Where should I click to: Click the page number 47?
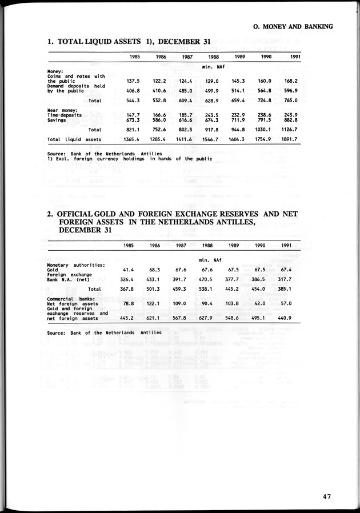pos(326,496)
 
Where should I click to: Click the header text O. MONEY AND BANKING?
pos(293,26)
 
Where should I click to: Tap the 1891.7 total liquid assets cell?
pos(289,139)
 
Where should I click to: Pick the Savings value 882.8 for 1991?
pos(289,120)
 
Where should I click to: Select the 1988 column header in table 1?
pos(214,57)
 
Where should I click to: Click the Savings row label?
pos(57,120)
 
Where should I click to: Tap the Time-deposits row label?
pos(65,115)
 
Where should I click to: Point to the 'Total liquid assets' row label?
pos(75,139)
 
